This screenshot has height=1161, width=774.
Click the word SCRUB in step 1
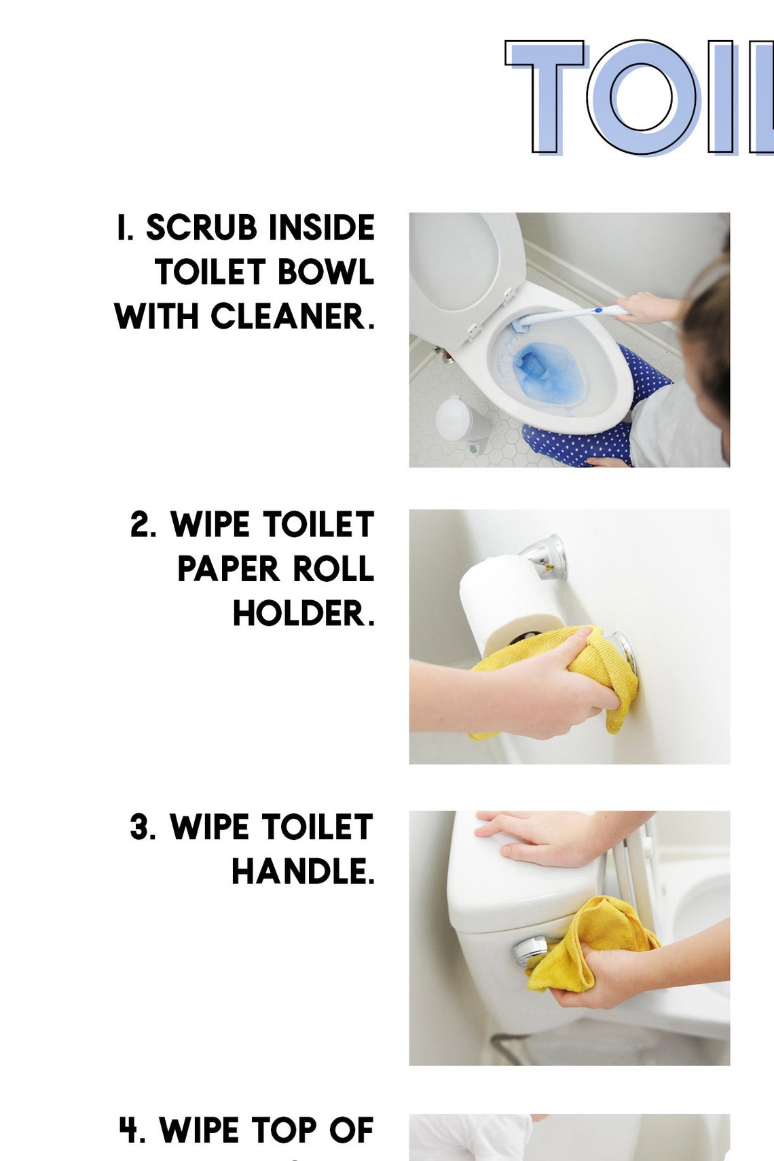pyautogui.click(x=202, y=228)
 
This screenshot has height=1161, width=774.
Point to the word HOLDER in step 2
pyautogui.click(x=300, y=614)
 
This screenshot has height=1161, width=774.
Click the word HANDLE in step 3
pyautogui.click(x=300, y=872)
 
